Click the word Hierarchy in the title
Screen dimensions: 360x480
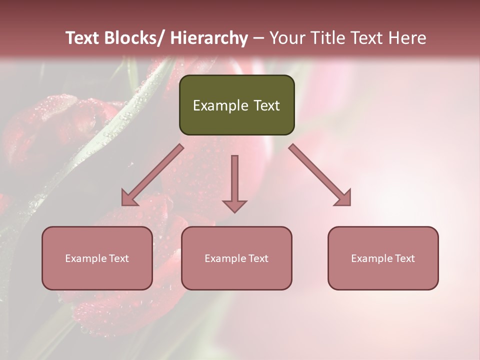click(x=209, y=38)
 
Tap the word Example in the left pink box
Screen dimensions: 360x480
click(x=85, y=258)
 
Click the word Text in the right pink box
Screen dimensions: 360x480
click(x=403, y=258)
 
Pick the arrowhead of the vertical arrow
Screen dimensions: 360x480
click(x=234, y=205)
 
